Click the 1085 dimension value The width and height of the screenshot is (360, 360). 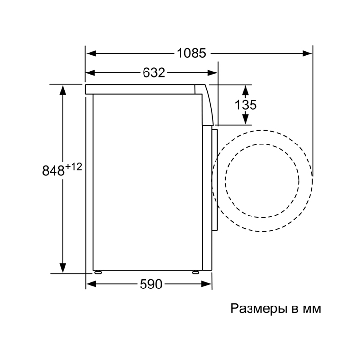coord(192,53)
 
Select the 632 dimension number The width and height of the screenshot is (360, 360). coord(154,73)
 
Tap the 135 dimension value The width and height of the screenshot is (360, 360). coord(246,105)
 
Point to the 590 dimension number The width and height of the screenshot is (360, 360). coord(151,284)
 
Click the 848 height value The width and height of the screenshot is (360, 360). coord(53,171)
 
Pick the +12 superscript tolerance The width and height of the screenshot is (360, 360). coord(73,167)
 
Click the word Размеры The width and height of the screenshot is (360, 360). coord(259,309)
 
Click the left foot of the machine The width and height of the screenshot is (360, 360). coord(98,272)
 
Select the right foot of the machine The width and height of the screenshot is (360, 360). coord(196,272)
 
